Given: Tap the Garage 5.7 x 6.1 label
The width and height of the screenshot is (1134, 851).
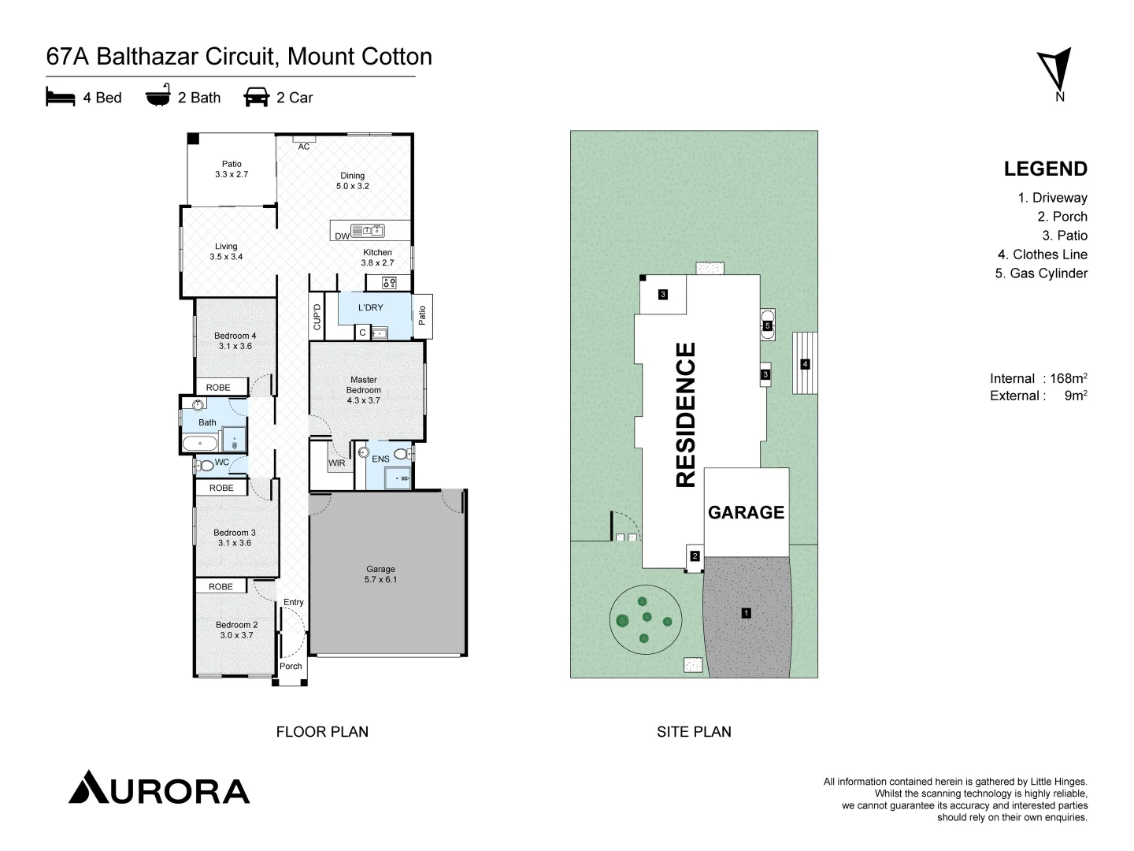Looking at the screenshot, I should [x=380, y=574].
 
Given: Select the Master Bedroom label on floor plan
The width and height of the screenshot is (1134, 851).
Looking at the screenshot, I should [x=363, y=390].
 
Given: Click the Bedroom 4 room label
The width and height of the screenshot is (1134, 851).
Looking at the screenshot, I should [x=235, y=341].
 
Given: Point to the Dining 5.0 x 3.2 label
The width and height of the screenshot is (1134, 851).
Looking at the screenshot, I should [x=352, y=181].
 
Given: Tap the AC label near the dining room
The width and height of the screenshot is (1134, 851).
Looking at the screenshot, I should [x=303, y=147].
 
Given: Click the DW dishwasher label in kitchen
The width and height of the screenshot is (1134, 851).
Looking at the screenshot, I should [x=342, y=236].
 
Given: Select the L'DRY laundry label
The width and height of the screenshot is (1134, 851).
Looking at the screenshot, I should [x=370, y=307].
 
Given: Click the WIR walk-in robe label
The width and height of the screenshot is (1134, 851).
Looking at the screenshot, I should [x=337, y=463].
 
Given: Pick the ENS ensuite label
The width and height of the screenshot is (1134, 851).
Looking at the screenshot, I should [x=380, y=459].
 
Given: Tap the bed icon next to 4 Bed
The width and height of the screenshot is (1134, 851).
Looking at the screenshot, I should [x=60, y=97].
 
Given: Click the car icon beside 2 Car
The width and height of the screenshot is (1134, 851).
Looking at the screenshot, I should [x=256, y=97].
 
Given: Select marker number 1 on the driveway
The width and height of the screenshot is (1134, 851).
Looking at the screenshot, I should [x=746, y=612].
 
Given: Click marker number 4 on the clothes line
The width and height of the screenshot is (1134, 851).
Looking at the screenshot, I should [x=804, y=364].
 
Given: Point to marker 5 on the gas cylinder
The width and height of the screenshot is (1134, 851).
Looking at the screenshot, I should [x=767, y=325].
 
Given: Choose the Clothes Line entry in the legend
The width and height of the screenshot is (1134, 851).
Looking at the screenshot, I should [x=1042, y=255].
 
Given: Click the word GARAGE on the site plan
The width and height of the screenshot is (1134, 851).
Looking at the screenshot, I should [x=746, y=513].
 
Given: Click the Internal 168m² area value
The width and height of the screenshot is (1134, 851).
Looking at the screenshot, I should [x=1067, y=378].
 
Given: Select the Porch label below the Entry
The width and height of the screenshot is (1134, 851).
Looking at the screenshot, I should [x=291, y=666].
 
